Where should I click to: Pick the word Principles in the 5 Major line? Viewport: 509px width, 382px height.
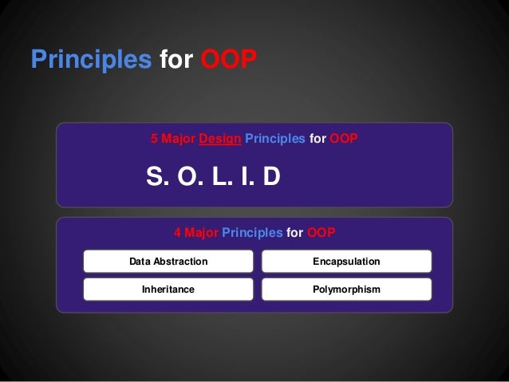(x=274, y=139)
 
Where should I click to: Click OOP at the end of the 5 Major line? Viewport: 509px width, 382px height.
(x=344, y=139)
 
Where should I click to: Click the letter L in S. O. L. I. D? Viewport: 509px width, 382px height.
(x=217, y=176)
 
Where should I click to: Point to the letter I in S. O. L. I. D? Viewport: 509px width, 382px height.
(x=243, y=176)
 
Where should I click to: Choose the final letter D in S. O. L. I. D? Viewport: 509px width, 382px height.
(x=270, y=176)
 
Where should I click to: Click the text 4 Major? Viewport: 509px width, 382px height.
(x=195, y=233)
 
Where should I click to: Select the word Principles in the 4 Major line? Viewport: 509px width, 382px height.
(x=252, y=233)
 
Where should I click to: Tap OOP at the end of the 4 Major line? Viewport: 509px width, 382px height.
(x=321, y=233)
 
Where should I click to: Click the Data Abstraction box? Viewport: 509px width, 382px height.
(x=168, y=262)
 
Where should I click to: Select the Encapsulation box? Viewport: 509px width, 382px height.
(x=347, y=262)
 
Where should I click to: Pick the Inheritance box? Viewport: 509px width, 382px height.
(x=168, y=289)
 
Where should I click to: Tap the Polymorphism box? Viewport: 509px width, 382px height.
(x=347, y=289)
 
